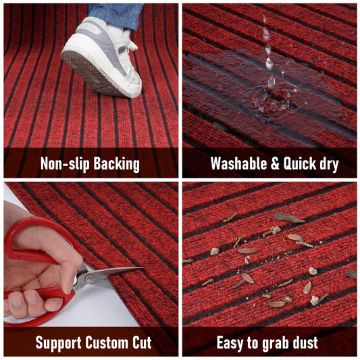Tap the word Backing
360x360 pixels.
pyautogui.click(x=116, y=164)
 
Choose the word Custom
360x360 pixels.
pyautogui.click(x=109, y=342)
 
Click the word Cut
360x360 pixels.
pyautogui.click(x=145, y=342)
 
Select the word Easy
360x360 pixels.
pyautogui.click(x=232, y=342)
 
